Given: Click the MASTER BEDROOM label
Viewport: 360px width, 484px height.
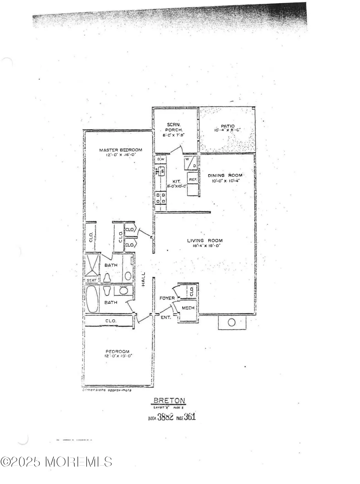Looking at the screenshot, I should (x=120, y=150).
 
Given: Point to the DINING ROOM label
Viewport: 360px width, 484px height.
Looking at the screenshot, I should (x=225, y=176).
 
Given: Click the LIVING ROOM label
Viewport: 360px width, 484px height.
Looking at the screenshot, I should (x=205, y=240).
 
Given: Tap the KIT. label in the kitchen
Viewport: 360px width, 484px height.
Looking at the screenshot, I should (x=176, y=182).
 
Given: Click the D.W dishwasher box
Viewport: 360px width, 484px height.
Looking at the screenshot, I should (x=160, y=159).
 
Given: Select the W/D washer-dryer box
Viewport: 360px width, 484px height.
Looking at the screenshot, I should (x=190, y=163).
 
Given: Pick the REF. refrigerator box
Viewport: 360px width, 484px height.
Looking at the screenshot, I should (x=193, y=179).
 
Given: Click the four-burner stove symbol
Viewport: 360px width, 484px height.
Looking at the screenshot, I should (x=160, y=198).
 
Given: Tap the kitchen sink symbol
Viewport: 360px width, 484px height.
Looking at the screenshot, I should (x=161, y=171).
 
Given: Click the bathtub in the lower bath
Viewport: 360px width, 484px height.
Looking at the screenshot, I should (x=92, y=299).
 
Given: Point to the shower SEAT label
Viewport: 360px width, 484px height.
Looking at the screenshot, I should (x=91, y=280).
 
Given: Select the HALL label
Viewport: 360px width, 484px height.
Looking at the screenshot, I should (x=143, y=279).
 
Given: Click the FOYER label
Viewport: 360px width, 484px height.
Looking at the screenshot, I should (x=167, y=298).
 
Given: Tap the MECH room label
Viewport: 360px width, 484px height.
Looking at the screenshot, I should (x=188, y=308).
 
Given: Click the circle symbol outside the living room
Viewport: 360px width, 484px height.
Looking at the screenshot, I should (x=231, y=322).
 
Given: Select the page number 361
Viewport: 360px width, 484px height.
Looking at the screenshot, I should (x=190, y=417).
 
